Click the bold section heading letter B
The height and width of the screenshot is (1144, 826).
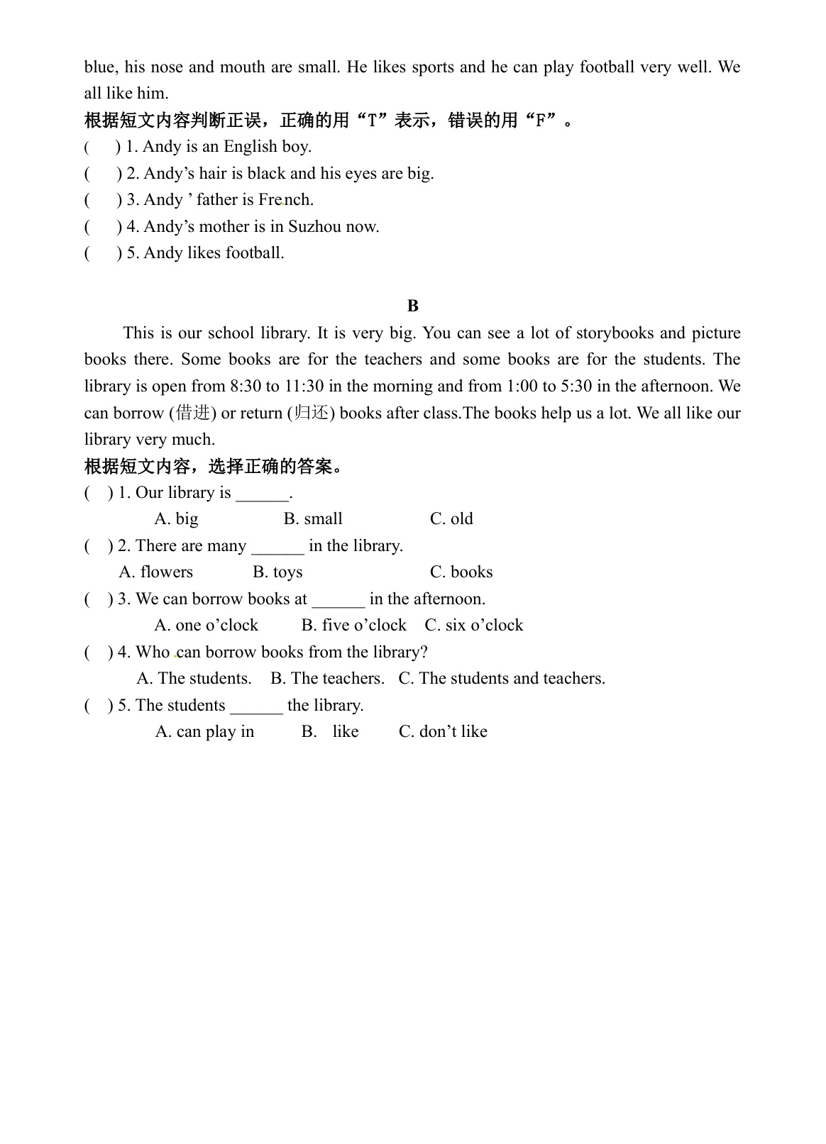pyautogui.click(x=413, y=306)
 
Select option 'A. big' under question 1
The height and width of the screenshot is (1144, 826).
pyautogui.click(x=176, y=519)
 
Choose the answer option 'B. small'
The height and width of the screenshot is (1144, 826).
pyautogui.click(x=313, y=519)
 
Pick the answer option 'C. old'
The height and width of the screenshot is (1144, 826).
pyautogui.click(x=451, y=519)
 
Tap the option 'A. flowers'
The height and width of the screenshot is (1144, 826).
pyautogui.click(x=156, y=572)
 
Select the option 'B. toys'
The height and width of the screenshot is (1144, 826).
pyautogui.click(x=277, y=572)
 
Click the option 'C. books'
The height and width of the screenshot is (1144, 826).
pyautogui.click(x=461, y=572)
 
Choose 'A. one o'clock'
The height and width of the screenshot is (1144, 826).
pyautogui.click(x=206, y=626)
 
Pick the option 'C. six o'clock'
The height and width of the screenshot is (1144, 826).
pyautogui.click(x=474, y=626)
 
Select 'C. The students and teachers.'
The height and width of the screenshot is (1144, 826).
pyautogui.click(x=502, y=679)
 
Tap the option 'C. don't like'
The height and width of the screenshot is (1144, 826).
pyautogui.click(x=443, y=732)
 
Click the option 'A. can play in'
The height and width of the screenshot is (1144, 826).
pyautogui.click(x=204, y=732)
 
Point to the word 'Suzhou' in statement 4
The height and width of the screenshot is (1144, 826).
pyautogui.click(x=314, y=227)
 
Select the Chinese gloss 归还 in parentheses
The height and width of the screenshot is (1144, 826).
pyautogui.click(x=312, y=413)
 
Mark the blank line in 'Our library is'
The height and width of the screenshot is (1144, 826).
pyautogui.click(x=262, y=494)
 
